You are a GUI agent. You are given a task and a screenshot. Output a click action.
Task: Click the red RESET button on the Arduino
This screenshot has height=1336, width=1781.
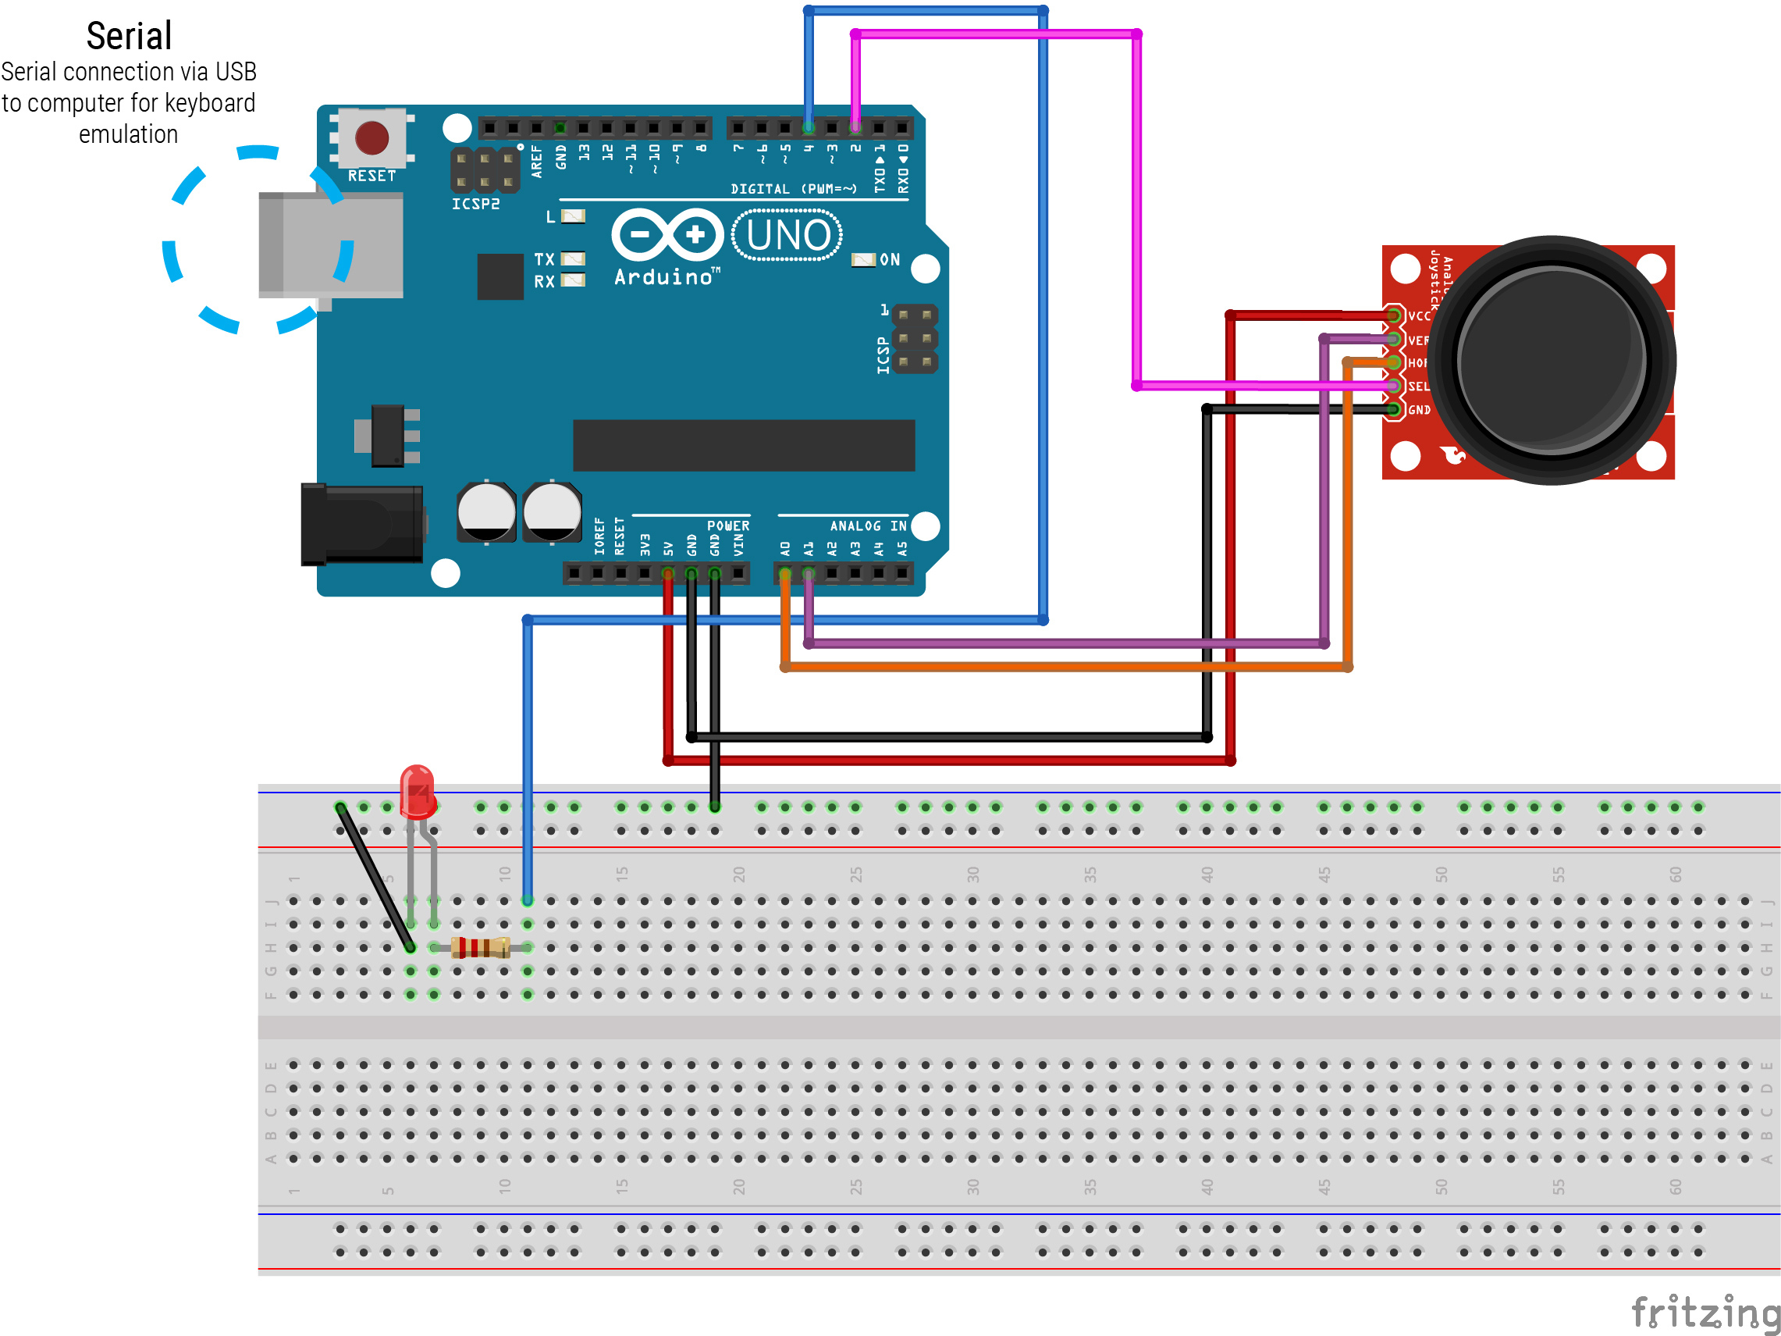(372, 137)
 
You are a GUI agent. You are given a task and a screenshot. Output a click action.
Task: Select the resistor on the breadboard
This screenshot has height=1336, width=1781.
(481, 948)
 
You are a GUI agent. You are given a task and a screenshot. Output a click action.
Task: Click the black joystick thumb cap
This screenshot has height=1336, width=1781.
(1551, 359)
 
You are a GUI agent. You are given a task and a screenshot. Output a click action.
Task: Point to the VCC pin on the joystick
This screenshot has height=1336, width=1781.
(1394, 315)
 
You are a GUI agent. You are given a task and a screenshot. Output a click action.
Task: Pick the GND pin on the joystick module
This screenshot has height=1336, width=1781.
(1394, 410)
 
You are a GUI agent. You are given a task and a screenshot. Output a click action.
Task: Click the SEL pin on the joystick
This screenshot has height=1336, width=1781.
(1394, 387)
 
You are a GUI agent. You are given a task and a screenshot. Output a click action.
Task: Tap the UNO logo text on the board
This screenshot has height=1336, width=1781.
(787, 235)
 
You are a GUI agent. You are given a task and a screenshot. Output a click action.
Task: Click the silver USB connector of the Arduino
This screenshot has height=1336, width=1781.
(330, 246)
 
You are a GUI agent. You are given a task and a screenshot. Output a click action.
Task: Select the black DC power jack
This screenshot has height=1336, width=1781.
(362, 524)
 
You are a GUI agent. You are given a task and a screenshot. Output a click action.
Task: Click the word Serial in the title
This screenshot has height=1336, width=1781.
(129, 36)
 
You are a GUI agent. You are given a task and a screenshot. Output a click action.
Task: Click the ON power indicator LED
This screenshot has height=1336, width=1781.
(863, 259)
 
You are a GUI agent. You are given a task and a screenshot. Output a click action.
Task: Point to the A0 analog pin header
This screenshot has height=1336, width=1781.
(785, 573)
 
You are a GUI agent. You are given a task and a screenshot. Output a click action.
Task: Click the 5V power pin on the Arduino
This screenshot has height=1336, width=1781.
(668, 573)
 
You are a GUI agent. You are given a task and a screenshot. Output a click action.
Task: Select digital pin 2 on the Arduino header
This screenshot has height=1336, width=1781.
(855, 127)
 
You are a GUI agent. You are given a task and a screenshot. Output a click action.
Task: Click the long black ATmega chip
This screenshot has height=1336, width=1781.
(743, 444)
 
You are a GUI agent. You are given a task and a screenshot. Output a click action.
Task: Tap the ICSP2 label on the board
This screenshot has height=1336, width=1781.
(475, 204)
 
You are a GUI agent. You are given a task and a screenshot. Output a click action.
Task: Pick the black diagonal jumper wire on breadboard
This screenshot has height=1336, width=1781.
(375, 877)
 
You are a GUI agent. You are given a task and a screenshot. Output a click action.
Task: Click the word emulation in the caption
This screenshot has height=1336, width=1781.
(129, 134)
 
